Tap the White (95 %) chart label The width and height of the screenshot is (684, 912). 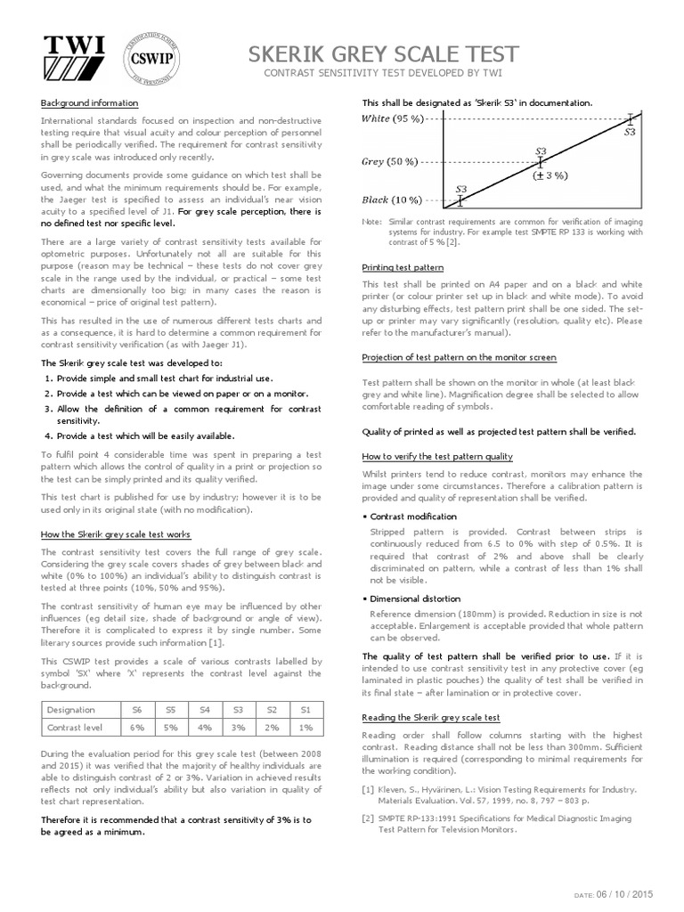click(392, 118)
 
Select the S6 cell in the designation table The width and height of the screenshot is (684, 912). click(136, 709)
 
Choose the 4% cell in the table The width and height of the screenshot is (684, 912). click(204, 728)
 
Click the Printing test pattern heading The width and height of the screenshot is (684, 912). click(403, 267)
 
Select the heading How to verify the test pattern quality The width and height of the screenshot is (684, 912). click(437, 456)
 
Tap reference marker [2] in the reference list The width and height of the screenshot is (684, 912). click(368, 817)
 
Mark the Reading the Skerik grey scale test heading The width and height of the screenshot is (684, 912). click(430, 717)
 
